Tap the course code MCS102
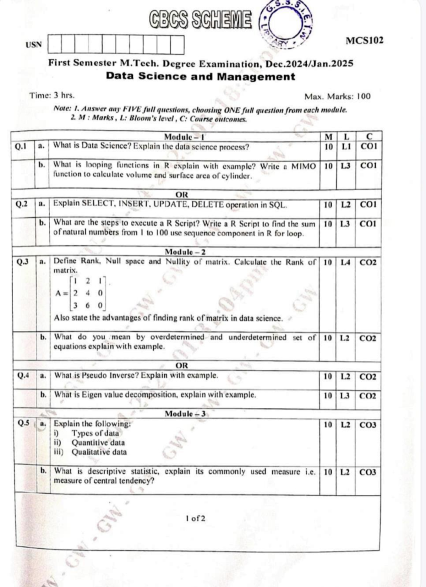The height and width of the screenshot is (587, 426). (x=365, y=40)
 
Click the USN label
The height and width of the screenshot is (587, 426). (x=33, y=45)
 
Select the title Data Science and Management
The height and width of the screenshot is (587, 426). (x=201, y=76)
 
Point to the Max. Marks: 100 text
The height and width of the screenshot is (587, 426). (x=337, y=96)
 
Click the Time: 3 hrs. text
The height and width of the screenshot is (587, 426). (x=52, y=95)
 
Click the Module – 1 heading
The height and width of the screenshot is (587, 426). (x=184, y=137)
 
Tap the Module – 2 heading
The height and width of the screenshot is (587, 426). (x=185, y=252)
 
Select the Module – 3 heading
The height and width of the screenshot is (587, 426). (x=185, y=414)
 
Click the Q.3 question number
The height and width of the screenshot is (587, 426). (x=23, y=262)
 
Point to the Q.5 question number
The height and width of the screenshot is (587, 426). (x=23, y=423)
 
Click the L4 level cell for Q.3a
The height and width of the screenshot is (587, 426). (x=345, y=262)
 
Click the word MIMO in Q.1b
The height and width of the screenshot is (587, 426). (x=303, y=166)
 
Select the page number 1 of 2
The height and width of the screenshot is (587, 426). (x=195, y=518)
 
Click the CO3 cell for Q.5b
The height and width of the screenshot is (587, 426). (x=367, y=472)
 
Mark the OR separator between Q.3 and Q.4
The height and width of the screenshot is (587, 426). (x=182, y=365)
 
